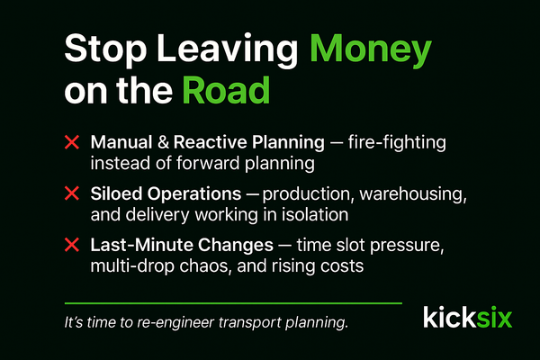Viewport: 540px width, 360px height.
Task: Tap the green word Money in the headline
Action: pos(372,49)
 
